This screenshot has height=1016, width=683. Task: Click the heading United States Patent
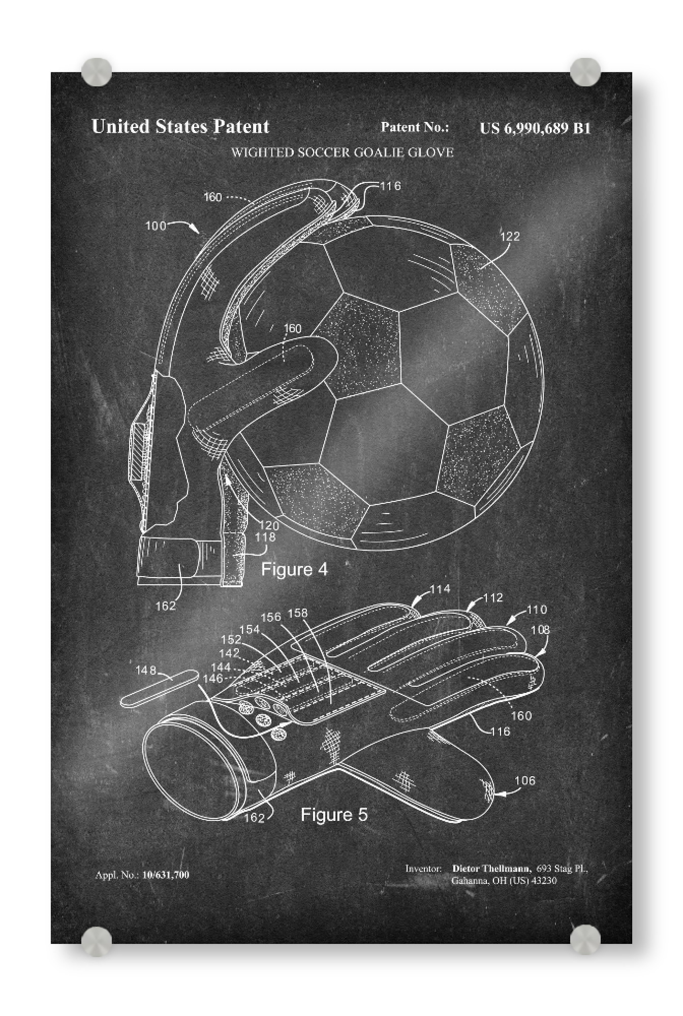pos(180,126)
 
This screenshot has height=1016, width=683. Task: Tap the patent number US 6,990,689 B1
pos(535,128)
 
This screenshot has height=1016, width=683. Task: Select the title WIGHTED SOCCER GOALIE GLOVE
pos(342,152)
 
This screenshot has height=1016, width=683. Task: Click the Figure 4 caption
pos(294,569)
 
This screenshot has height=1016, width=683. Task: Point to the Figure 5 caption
pos(334,815)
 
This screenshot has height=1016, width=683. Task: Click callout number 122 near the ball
pos(510,236)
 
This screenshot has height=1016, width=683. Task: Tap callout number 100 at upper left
pos(156,226)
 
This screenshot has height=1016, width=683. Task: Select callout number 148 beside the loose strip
pos(146,671)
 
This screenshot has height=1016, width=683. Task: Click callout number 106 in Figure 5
pos(525,780)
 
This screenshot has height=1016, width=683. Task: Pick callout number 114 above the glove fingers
pos(440,589)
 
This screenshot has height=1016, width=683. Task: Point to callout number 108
pos(540,630)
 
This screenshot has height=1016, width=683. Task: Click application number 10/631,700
pos(166,875)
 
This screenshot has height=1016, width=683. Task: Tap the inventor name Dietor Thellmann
pos(491,868)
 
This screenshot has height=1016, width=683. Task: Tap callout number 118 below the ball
pos(265,537)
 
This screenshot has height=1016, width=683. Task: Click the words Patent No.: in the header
pos(415,127)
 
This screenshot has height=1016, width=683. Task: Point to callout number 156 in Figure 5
pos(271,617)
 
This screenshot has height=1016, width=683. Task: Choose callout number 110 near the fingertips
pos(537,609)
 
